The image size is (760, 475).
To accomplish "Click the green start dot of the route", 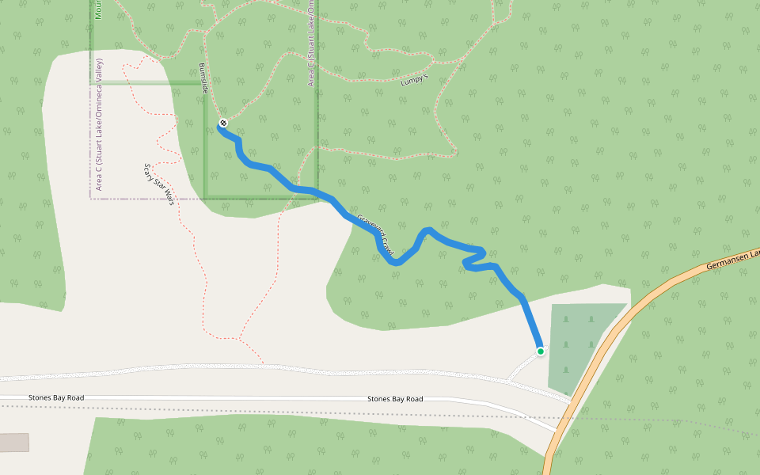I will [541, 351].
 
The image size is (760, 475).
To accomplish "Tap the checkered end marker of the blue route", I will [224, 123].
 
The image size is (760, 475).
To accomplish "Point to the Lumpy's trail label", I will [413, 79].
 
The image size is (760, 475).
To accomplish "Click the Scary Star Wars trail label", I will [158, 184].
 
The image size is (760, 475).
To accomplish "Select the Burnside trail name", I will [203, 79].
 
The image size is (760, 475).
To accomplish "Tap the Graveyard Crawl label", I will [374, 235].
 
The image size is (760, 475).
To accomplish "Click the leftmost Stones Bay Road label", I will [55, 397].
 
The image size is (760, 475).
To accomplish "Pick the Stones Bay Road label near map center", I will [395, 399].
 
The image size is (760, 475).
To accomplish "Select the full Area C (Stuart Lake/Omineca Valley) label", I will [99, 124].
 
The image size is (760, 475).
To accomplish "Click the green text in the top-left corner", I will [98, 9].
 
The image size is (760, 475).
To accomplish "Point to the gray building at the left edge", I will [13, 442].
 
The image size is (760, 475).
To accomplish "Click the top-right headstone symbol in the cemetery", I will [591, 319].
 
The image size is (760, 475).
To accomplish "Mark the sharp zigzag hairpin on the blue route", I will [473, 259].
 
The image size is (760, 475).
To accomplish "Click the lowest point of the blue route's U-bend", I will [397, 262].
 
